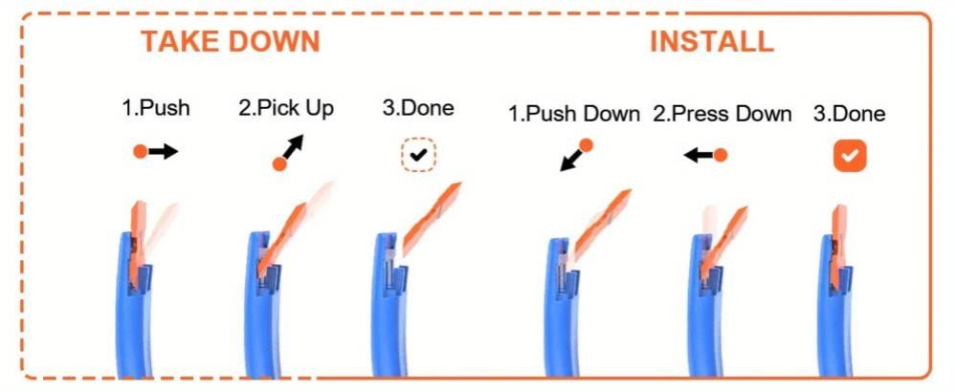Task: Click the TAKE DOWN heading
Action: pos(231,42)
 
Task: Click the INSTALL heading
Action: pos(712,42)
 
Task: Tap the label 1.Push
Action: pos(156,109)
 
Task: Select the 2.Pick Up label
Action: pos(286,109)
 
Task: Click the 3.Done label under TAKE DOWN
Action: pos(418,109)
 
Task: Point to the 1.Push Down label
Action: pos(574,114)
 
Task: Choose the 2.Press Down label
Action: pos(722,114)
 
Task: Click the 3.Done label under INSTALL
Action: pos(849,114)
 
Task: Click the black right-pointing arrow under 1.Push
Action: pos(163,152)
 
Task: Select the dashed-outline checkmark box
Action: pos(419,155)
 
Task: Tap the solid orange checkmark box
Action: pos(850,156)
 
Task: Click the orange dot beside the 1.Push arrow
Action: pos(141,152)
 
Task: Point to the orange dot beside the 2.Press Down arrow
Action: pos(721,156)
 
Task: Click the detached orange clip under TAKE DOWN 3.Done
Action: pos(431,218)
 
